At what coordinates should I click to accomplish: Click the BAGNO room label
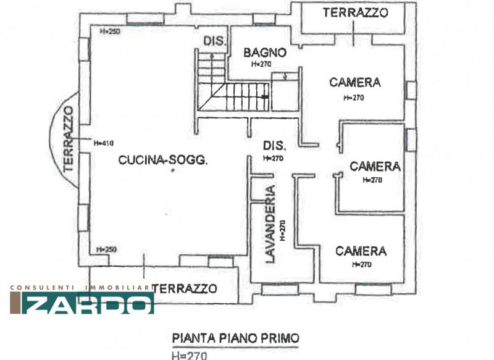tap(265, 52)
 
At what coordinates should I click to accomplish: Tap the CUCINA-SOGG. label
tap(163, 160)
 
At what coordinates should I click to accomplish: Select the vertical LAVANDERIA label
tap(270, 224)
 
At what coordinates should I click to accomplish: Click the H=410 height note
tap(104, 143)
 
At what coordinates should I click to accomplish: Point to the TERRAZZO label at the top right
tap(356, 12)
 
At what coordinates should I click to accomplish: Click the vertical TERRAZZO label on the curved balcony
tap(69, 139)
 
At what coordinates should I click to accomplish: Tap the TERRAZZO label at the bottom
tap(185, 288)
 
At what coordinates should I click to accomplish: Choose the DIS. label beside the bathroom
tap(215, 41)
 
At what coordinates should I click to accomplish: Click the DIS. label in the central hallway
tap(274, 146)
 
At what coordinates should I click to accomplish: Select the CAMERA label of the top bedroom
tap(355, 83)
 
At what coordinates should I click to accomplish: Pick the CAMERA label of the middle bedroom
tap(375, 167)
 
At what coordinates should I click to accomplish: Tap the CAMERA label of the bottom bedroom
tap(361, 251)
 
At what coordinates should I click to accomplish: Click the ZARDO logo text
tap(88, 303)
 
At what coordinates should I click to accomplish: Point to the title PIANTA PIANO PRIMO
tap(235, 338)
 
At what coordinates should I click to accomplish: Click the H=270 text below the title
tap(190, 356)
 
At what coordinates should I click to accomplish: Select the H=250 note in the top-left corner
tap(110, 31)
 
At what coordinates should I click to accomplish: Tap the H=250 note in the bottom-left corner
tap(106, 249)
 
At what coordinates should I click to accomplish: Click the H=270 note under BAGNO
tap(261, 64)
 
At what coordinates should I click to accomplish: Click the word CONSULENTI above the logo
tap(42, 288)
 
